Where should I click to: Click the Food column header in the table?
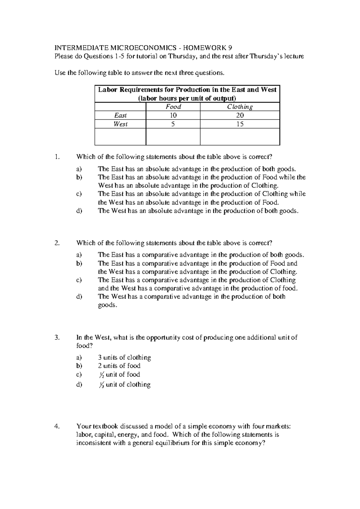coord(173,107)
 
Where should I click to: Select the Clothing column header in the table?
coord(240,107)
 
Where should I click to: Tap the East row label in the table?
coord(120,115)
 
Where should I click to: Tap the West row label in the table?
coord(120,124)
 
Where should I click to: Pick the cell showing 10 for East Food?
coord(173,115)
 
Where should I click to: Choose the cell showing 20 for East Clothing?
coord(240,115)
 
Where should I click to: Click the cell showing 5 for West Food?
coord(173,124)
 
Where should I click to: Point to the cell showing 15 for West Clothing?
coord(240,124)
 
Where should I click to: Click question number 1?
coord(58,157)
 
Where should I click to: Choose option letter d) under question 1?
coord(79,211)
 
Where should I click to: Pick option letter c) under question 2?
coord(79,280)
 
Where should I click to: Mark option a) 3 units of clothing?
coord(124,358)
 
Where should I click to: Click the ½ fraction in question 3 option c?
coord(101,375)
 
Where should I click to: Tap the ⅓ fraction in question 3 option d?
coord(101,385)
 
